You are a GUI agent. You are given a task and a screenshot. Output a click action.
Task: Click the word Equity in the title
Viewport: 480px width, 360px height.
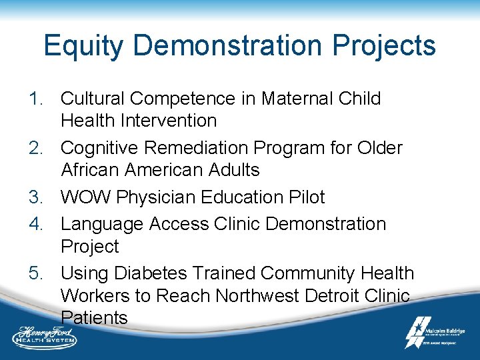(x=84, y=47)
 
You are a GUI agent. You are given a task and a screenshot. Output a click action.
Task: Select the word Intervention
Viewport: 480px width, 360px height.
(x=175, y=121)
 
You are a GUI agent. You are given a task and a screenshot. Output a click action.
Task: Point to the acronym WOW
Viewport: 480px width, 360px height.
(x=84, y=197)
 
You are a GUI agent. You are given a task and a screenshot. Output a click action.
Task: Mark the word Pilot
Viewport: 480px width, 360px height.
(x=305, y=197)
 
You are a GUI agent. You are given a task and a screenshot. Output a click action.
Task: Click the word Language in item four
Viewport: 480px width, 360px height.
(x=102, y=224)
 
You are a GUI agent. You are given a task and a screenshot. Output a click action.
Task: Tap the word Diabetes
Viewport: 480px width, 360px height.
(x=153, y=273)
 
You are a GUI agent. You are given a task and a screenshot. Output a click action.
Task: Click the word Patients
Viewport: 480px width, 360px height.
(x=94, y=317)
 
